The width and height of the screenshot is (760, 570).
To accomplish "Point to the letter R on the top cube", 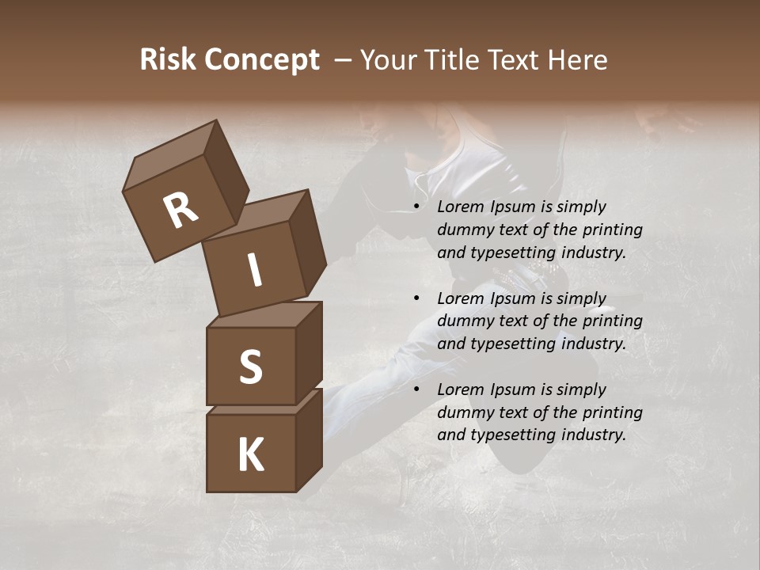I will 181,211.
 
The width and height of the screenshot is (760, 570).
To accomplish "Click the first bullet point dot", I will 416,207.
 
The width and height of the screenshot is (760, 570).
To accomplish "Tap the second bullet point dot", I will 416,299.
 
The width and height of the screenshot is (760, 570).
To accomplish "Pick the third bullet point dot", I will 416,390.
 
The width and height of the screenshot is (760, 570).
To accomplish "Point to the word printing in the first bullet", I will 613,230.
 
